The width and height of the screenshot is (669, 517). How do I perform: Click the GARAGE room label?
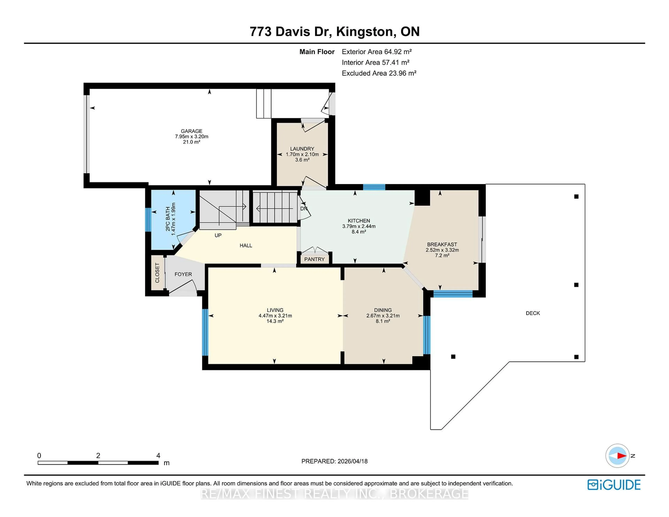[191, 131]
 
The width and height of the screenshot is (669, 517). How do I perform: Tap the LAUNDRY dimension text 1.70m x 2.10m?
[302, 154]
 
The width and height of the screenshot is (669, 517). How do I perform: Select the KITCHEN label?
[359, 221]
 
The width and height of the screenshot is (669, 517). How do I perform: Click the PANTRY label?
[314, 259]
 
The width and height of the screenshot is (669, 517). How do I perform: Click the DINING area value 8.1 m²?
[383, 321]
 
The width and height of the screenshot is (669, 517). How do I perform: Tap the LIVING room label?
[275, 310]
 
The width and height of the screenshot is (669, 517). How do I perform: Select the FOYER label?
[183, 274]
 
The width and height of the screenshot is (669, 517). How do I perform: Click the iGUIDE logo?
[614, 485]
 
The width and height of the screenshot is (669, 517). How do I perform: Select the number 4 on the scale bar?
[158, 456]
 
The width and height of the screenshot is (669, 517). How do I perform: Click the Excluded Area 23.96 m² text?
[379, 73]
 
